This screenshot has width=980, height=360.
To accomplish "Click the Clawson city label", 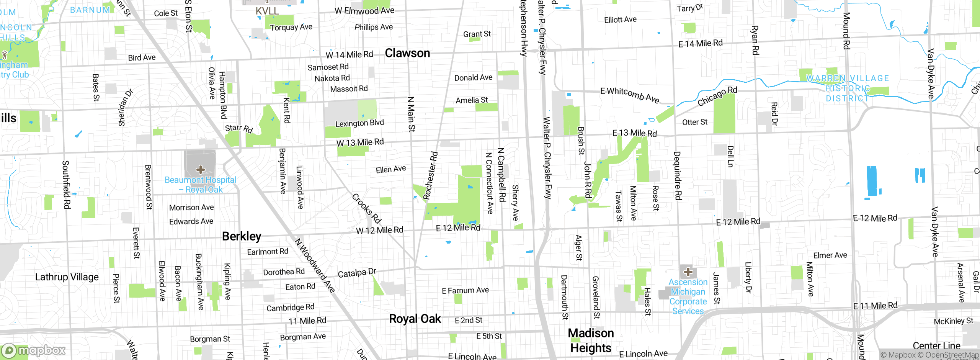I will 407,53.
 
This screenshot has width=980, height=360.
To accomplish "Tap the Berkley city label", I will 242,236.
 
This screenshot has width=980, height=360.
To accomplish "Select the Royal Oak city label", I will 415,319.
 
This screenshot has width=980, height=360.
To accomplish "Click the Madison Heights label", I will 591,340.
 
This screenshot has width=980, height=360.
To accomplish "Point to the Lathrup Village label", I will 67,277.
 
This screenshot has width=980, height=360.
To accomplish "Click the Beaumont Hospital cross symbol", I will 200,169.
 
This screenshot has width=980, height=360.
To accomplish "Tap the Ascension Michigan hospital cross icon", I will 688,272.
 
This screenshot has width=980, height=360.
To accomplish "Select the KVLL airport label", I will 267,11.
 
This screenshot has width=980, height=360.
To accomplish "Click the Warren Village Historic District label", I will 847,88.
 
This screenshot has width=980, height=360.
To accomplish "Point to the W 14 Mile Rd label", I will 349,55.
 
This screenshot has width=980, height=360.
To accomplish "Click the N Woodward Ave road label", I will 315,265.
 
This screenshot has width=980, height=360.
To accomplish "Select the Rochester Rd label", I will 431,176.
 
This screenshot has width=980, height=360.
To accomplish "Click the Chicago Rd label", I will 717,96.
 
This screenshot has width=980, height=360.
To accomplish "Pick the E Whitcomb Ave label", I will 630,95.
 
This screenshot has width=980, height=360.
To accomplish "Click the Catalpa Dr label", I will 357,273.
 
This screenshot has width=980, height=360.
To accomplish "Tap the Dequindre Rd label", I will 677,175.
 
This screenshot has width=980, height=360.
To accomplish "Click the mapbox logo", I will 34,350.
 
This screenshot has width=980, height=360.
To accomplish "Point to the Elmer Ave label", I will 830,255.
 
